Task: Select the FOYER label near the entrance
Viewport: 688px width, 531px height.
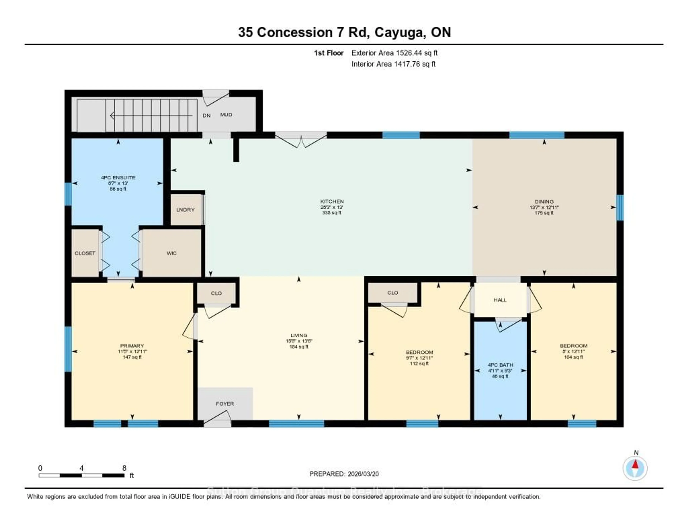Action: pyautogui.click(x=225, y=404)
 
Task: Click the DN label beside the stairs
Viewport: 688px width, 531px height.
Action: pyautogui.click(x=206, y=115)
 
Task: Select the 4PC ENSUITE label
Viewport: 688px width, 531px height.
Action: pyautogui.click(x=118, y=178)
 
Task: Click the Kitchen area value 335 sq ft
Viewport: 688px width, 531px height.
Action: pyautogui.click(x=332, y=213)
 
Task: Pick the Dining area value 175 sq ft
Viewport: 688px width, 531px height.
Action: pyautogui.click(x=544, y=213)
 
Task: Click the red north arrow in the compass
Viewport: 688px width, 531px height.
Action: pyautogui.click(x=635, y=464)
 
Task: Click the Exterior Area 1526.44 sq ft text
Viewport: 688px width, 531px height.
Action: pyautogui.click(x=394, y=53)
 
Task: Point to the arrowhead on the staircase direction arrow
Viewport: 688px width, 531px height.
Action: pyautogui.click(x=112, y=116)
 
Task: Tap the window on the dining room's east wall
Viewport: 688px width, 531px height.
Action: pyautogui.click(x=620, y=207)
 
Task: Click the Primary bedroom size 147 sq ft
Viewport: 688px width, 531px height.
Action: pyautogui.click(x=132, y=357)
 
